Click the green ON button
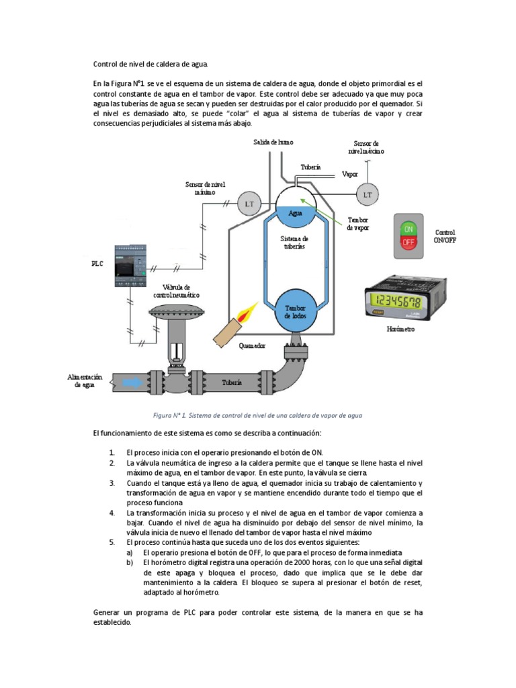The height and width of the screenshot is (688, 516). click(x=408, y=228)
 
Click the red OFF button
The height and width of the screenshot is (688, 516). click(x=408, y=246)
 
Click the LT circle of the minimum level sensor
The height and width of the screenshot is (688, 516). click(x=249, y=204)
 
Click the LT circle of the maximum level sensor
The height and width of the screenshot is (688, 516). click(x=367, y=195)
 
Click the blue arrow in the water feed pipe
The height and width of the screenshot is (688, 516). click(x=132, y=382)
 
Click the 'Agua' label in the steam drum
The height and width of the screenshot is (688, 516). click(x=296, y=212)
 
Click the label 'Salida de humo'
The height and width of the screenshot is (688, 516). click(x=273, y=142)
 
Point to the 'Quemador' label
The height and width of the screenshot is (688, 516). click(x=252, y=346)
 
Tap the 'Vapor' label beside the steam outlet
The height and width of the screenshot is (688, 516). click(x=350, y=173)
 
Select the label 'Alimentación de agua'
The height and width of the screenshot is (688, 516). click(x=85, y=381)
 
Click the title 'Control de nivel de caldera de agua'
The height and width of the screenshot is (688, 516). click(x=150, y=64)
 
